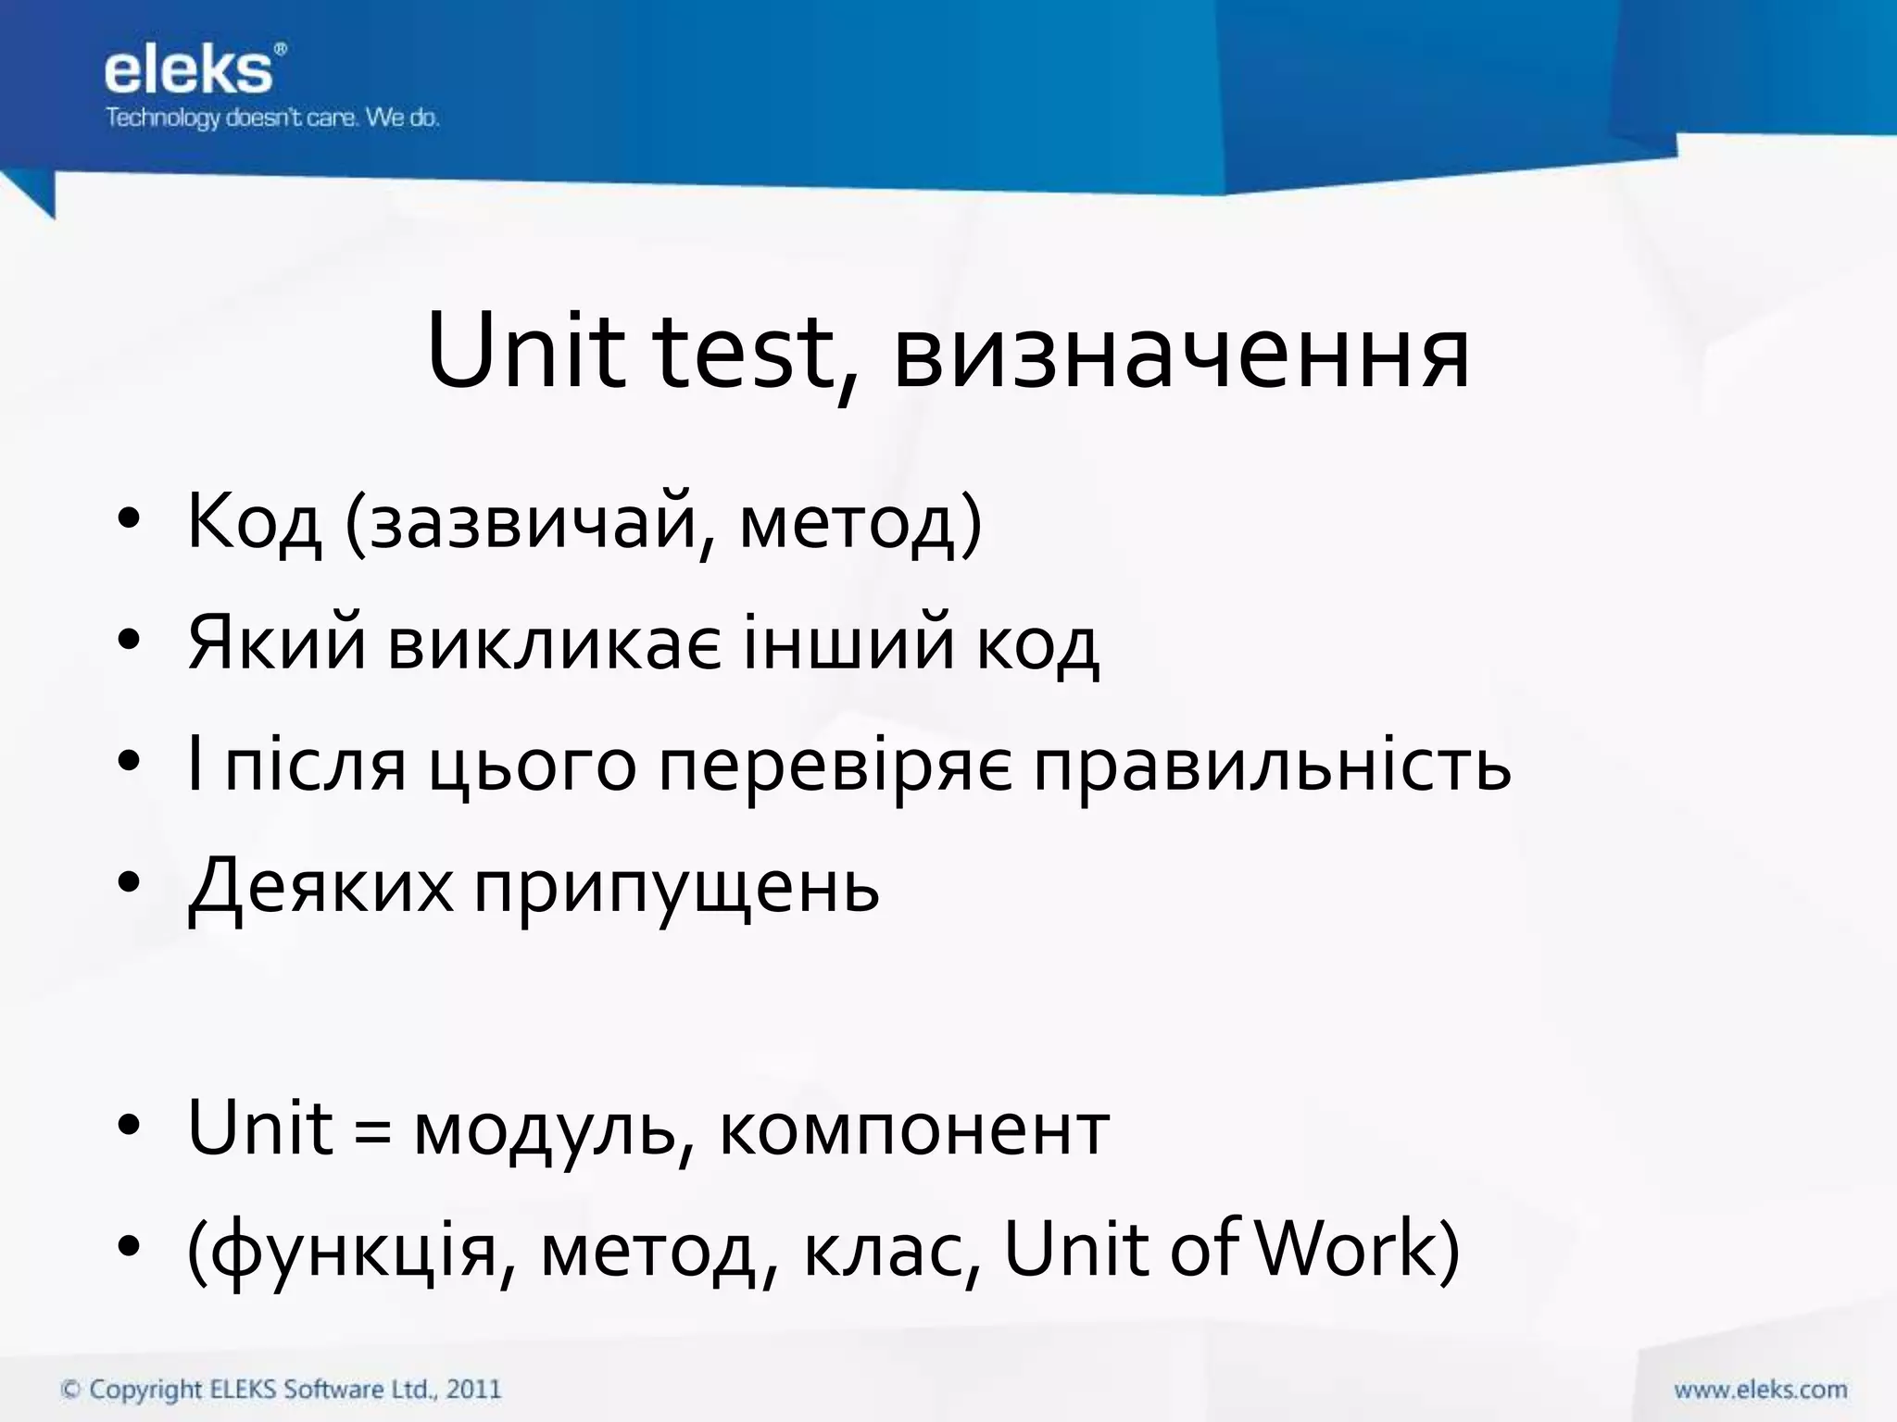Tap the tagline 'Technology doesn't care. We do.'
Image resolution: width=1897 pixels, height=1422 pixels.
pyautogui.click(x=271, y=118)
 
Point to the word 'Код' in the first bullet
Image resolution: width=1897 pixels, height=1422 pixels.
pyautogui.click(x=255, y=523)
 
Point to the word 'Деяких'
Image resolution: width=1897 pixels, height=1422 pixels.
pyautogui.click(x=320, y=887)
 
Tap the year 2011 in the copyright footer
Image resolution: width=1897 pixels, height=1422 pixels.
pyautogui.click(x=473, y=1390)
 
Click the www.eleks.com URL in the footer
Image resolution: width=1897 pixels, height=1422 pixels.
pyautogui.click(x=1760, y=1390)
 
